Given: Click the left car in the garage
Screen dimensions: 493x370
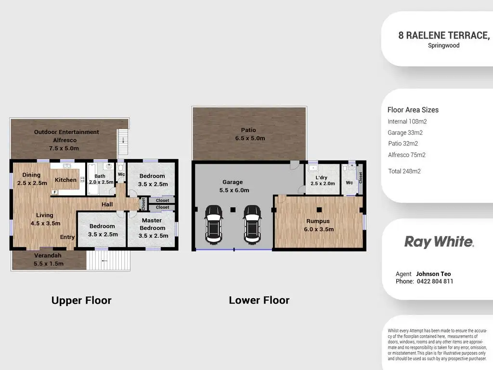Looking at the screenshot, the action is tap(213, 224).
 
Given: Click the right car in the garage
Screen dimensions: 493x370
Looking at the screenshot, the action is tap(252, 224).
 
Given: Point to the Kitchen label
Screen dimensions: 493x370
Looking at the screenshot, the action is tap(65, 180).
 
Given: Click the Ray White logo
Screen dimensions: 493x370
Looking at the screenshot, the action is tap(439, 242).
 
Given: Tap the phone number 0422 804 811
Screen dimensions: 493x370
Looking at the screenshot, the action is tap(435, 281).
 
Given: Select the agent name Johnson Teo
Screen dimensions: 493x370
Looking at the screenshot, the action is tap(433, 274).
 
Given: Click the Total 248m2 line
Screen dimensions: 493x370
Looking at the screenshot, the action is tap(404, 171).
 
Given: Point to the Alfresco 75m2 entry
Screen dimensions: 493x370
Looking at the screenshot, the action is tap(406, 155).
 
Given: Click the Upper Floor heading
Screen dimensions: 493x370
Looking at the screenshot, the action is tap(81, 300).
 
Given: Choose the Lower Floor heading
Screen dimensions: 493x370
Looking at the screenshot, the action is tap(259, 300).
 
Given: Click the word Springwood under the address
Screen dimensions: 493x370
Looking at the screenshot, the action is tap(443, 45).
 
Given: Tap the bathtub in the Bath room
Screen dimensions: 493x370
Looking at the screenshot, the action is tap(92, 179).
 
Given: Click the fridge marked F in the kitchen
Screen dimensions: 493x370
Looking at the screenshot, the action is tap(55, 192).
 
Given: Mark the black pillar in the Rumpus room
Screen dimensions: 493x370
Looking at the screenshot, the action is tap(319, 210).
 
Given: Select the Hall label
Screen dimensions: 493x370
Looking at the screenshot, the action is tap(107, 204).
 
